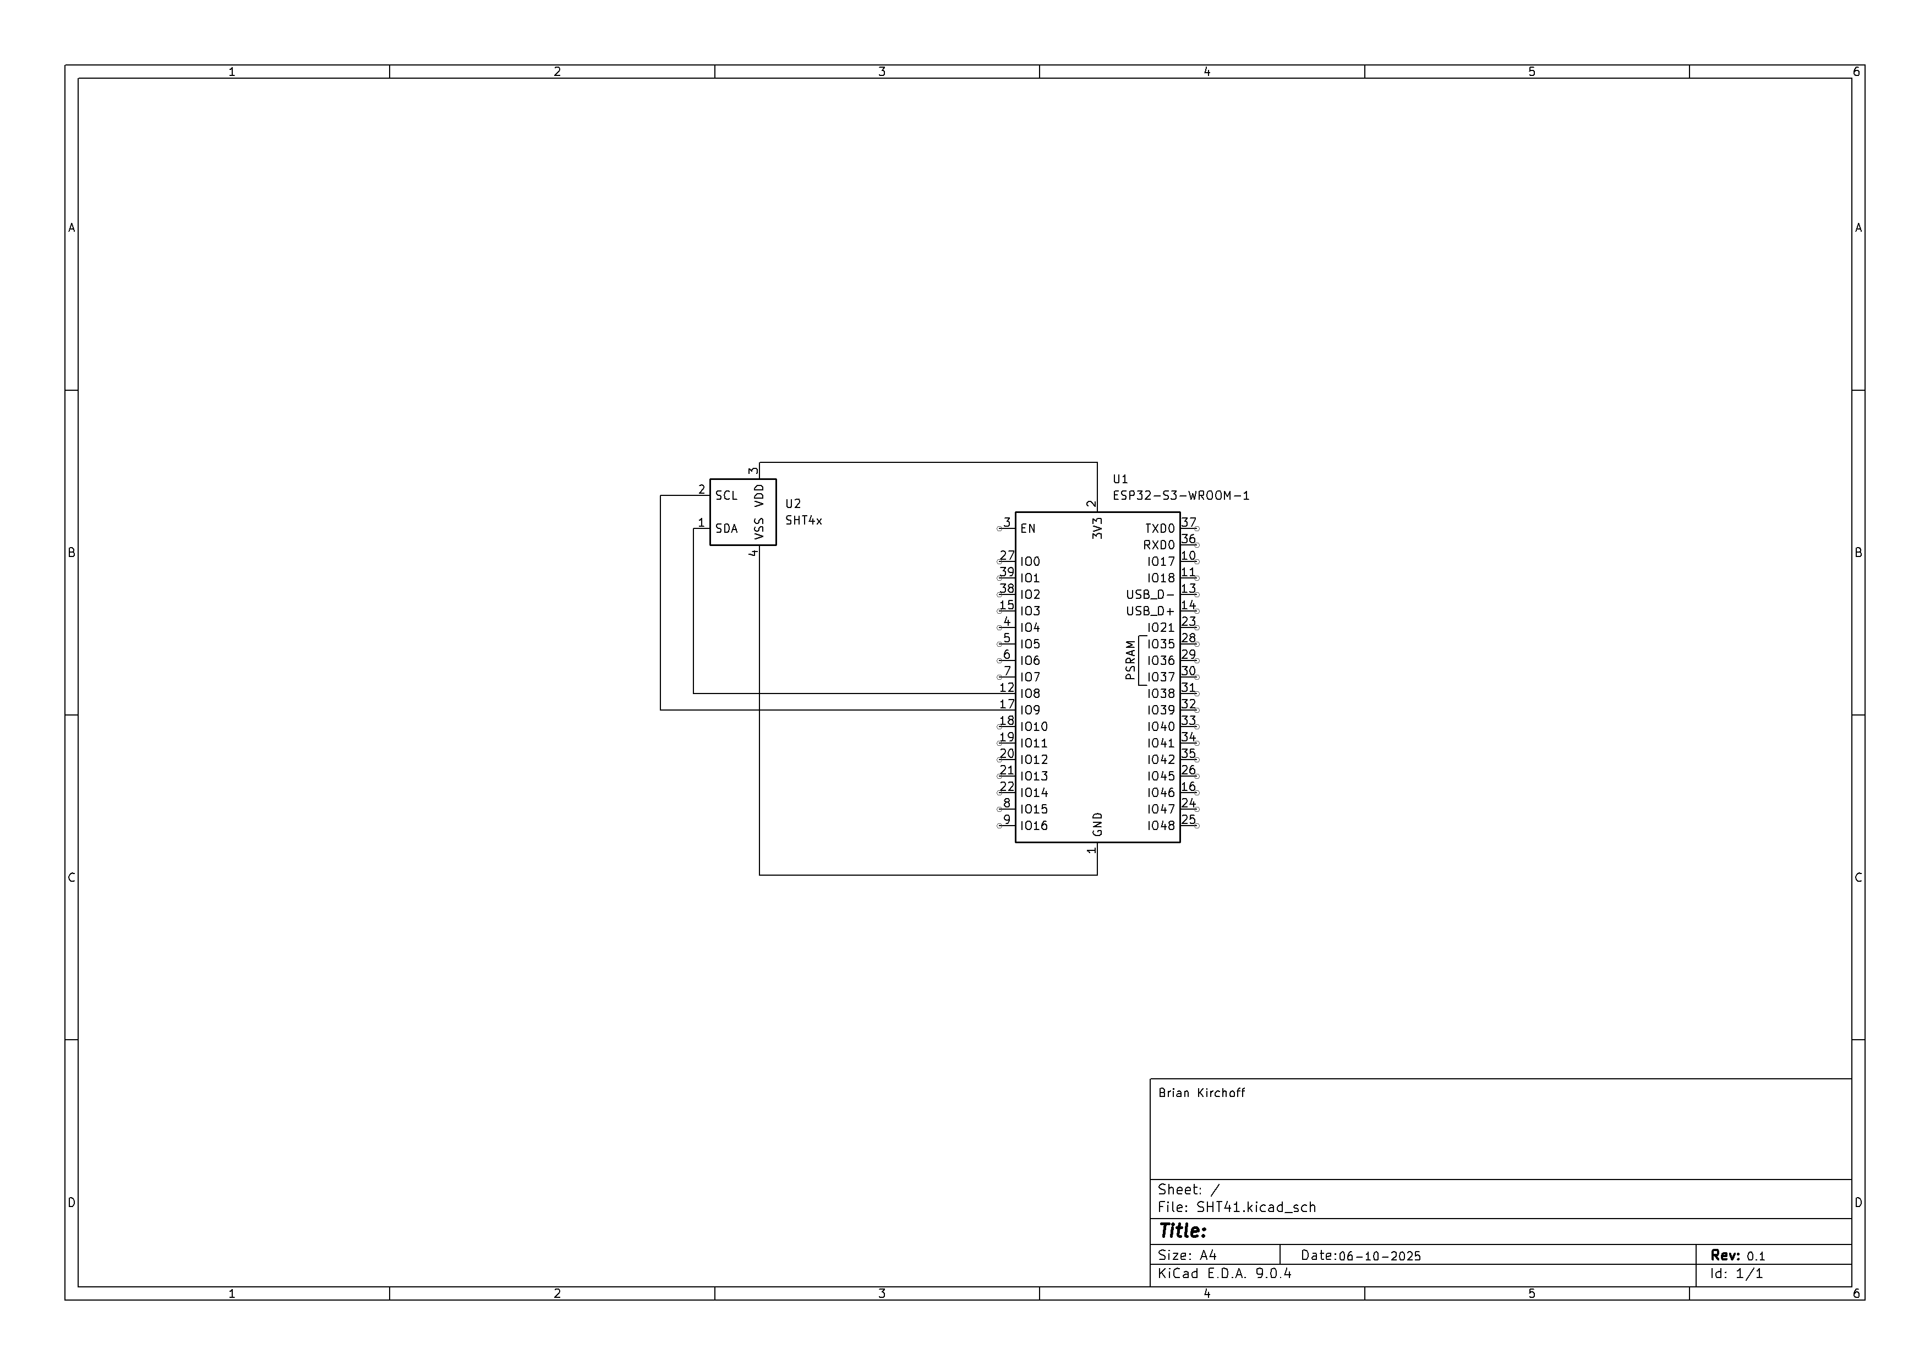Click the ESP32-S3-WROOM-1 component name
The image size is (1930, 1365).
tap(1180, 496)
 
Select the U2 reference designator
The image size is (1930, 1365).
tap(792, 504)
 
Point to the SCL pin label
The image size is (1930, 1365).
tap(726, 496)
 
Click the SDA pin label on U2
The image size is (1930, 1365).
tap(726, 529)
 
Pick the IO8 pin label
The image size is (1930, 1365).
tap(1030, 694)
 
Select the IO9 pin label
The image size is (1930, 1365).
tap(1030, 710)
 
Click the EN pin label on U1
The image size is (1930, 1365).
tap(1027, 529)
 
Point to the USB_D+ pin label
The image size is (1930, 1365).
tap(1150, 611)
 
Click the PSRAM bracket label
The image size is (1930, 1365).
tap(1130, 660)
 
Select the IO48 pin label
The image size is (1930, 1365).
tap(1161, 826)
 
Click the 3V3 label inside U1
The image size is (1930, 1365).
tap(1097, 529)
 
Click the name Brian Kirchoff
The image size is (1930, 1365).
tap(1201, 1093)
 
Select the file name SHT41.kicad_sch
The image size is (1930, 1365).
tap(1256, 1207)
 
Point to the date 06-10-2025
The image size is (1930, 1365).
tap(1379, 1255)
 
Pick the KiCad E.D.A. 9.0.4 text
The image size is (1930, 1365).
tap(1224, 1274)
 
